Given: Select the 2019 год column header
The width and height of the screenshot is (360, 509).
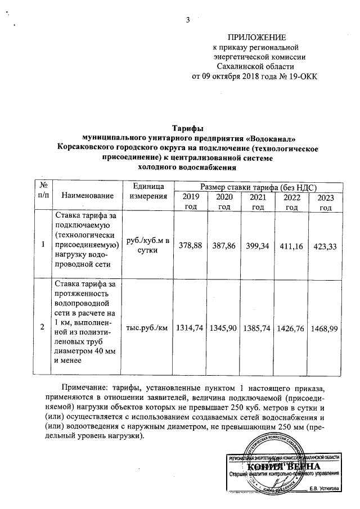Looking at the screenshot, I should pos(191,201).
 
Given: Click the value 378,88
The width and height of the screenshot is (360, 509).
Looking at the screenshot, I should pos(191,245).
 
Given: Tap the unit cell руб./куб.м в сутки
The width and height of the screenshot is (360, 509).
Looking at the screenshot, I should pos(148,245).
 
